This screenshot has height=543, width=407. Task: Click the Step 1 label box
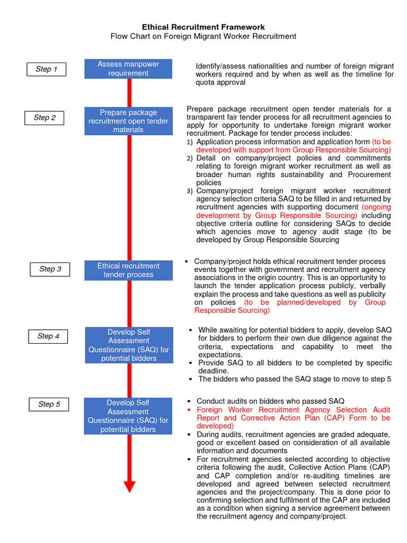(47, 69)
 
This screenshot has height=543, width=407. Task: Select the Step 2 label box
(45, 118)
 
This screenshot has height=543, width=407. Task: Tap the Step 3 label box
(50, 269)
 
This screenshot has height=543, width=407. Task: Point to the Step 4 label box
(48, 336)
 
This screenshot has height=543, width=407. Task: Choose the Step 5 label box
(49, 405)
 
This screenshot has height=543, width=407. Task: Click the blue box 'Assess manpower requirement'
(128, 69)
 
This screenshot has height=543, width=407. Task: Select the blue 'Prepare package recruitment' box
(128, 121)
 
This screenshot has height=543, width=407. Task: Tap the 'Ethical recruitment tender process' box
(128, 270)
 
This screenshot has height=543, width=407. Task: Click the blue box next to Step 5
(128, 416)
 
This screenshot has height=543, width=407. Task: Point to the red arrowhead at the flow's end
(129, 486)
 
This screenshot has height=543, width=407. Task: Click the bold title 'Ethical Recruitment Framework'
(203, 27)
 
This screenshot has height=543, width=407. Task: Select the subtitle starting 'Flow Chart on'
(203, 36)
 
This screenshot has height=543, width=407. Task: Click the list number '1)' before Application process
(190, 143)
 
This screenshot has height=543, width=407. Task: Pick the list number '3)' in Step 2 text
(190, 191)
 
